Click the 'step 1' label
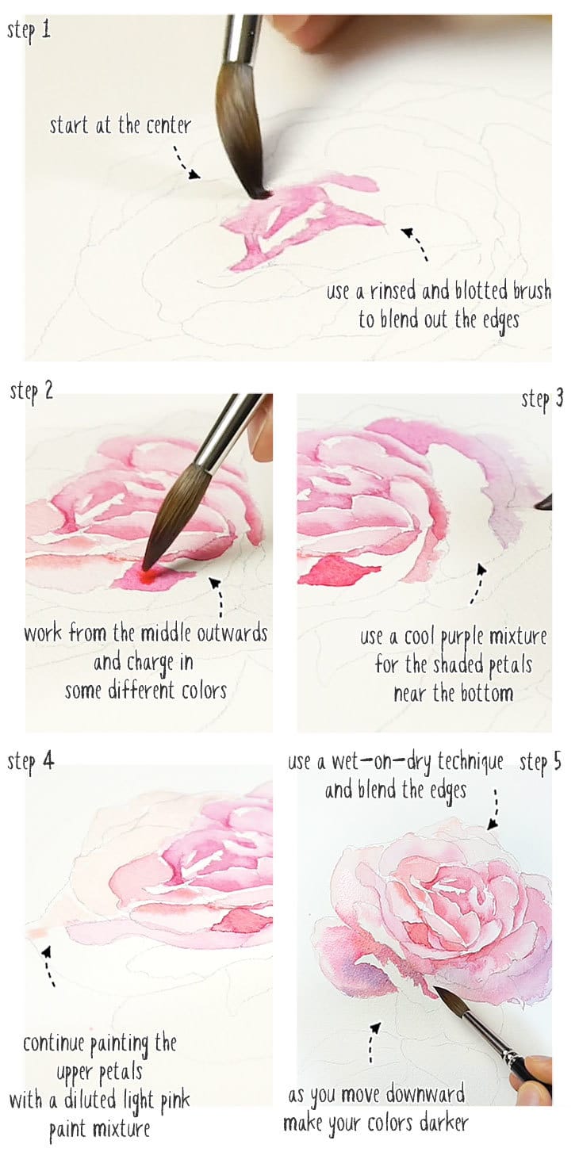point(30,31)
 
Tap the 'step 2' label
point(31,392)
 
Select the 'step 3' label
point(542,399)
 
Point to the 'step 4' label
point(31,761)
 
